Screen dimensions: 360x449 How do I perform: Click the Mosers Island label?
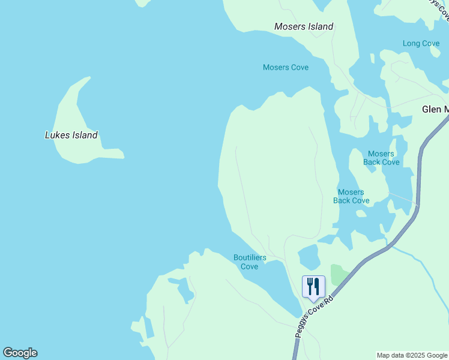(x=304, y=26)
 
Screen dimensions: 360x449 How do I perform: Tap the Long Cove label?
(x=421, y=43)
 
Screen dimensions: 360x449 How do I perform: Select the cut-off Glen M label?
(x=435, y=109)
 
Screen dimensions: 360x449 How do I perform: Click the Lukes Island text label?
(x=71, y=135)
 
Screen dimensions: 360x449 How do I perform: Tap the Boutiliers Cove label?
(x=250, y=262)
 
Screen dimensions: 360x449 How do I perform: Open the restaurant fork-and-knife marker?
(x=313, y=286)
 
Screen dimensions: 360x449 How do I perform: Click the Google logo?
(x=20, y=353)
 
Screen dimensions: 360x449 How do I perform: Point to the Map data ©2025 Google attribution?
(x=412, y=355)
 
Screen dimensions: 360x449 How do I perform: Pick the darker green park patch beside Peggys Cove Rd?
(x=339, y=274)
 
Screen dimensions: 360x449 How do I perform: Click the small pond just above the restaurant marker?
(x=309, y=257)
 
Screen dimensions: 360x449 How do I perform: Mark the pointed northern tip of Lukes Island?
(x=89, y=77)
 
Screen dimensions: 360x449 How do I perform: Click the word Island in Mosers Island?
(x=320, y=26)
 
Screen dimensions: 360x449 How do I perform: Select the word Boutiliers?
(x=250, y=258)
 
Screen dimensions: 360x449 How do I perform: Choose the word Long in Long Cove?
(x=411, y=43)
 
